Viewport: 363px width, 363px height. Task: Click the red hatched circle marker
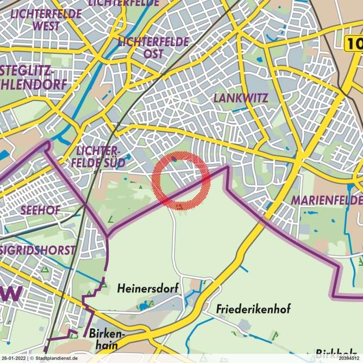pyautogui.click(x=181, y=181)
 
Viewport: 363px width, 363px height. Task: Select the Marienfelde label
pyautogui.click(x=326, y=201)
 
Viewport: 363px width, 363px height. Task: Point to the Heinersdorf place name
pyautogui.click(x=147, y=289)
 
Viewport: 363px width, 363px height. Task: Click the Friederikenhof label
pyautogui.click(x=253, y=309)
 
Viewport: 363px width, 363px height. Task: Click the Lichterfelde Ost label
pyautogui.click(x=153, y=47)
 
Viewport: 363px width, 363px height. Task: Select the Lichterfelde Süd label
pyautogui.click(x=101, y=157)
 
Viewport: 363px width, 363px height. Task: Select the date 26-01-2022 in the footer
pyautogui.click(x=14, y=359)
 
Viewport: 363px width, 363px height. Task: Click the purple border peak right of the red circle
pyautogui.click(x=226, y=167)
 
